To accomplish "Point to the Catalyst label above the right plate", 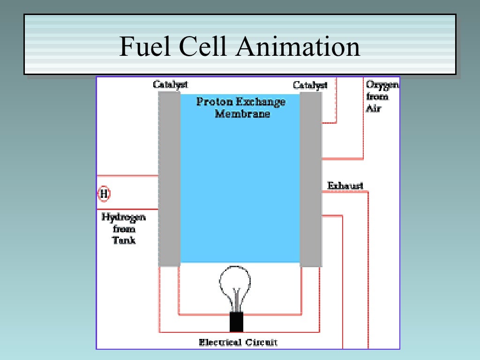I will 310,85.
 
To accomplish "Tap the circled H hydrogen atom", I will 104,194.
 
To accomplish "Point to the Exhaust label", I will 345,186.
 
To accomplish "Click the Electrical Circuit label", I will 238,342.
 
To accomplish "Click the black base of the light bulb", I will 236,322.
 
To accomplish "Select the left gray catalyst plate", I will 169,179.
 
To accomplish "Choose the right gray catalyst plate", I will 310,179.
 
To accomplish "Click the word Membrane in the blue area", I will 242,114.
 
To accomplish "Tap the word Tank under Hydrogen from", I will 124,240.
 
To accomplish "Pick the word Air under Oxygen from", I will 374,109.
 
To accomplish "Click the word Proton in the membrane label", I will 211,102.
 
